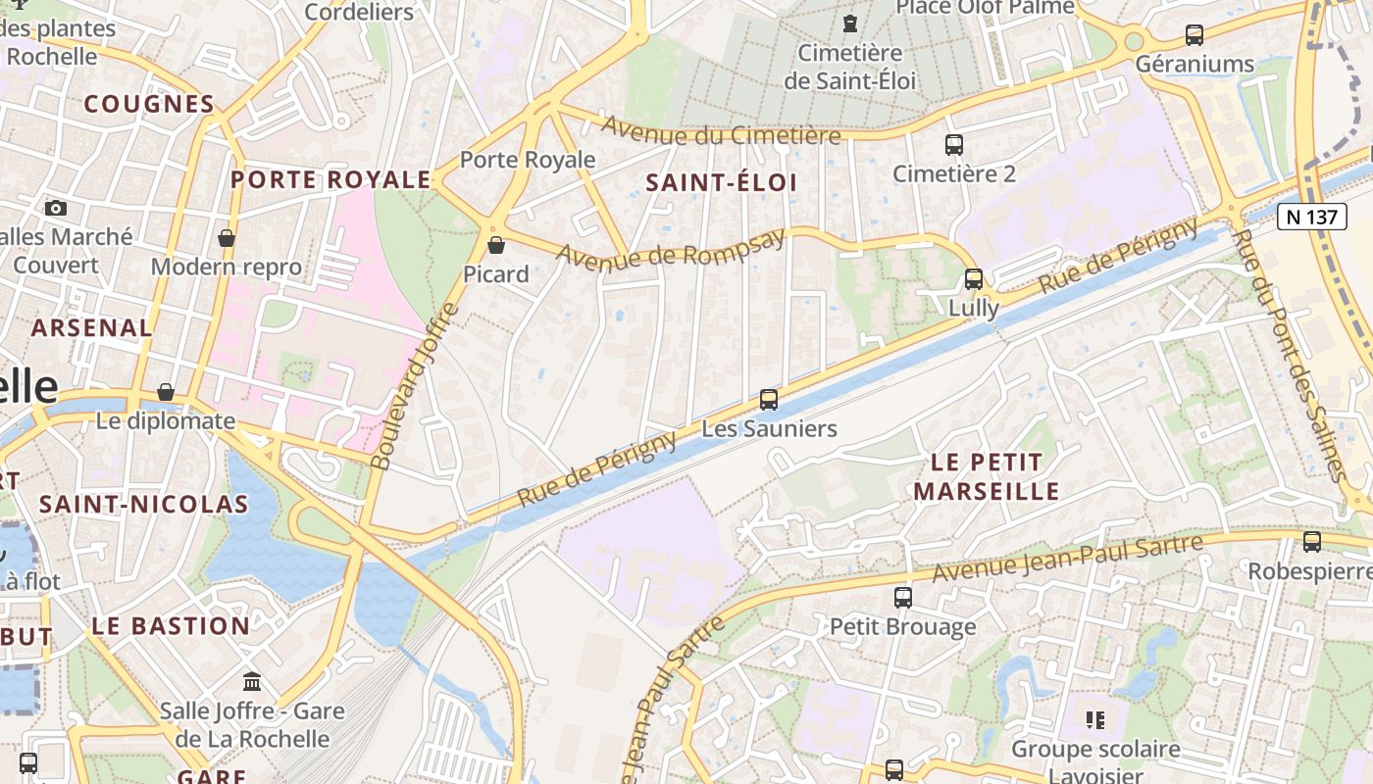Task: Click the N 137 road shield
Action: pos(1312,217)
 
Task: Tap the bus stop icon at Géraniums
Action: pos(1195,35)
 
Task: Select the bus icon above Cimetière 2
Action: pos(954,145)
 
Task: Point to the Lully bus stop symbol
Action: pos(974,279)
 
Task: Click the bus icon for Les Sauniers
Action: pos(769,400)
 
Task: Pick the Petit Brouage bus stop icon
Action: pos(903,597)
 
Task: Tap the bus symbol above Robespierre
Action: pos(1312,541)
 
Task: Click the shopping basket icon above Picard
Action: pos(496,245)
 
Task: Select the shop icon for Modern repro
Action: pos(227,238)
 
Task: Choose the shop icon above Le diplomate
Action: pos(166,392)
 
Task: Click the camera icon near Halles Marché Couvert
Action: pos(56,208)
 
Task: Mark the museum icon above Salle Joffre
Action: pos(252,681)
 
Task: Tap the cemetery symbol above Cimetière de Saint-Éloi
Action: pos(850,22)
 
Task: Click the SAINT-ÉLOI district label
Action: pos(722,182)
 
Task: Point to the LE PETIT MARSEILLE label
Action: pos(986,476)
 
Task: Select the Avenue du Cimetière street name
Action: pos(721,130)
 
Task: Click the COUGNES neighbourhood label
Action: pos(148,104)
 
